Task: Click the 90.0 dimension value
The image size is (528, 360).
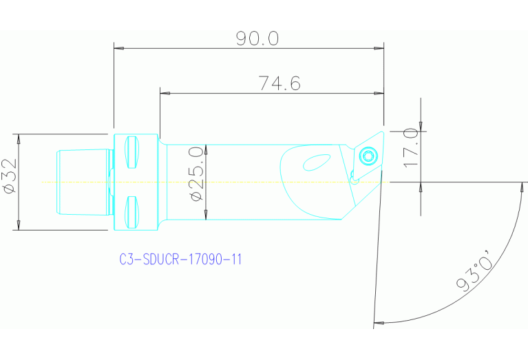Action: (257, 39)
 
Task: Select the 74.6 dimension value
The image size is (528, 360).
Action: (279, 83)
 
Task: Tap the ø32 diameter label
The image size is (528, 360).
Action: (9, 178)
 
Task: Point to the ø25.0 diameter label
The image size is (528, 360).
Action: (196, 173)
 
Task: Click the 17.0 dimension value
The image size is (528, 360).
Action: (411, 148)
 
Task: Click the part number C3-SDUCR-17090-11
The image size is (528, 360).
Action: (180, 260)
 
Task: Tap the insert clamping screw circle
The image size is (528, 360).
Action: (368, 156)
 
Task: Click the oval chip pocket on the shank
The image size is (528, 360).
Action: (317, 163)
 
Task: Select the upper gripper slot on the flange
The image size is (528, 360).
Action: (132, 153)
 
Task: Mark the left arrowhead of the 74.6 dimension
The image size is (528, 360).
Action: (165, 93)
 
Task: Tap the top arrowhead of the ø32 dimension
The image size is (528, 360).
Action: (19, 138)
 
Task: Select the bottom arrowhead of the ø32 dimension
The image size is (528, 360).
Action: (19, 225)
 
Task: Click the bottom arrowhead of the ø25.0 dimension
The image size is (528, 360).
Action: (205, 216)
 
